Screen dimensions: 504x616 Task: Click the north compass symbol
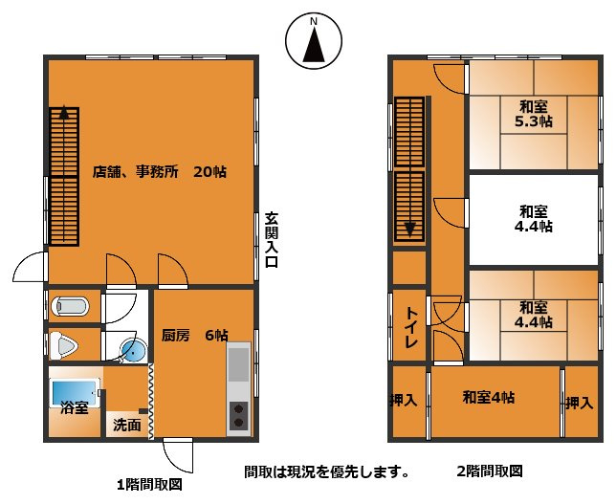click(315, 41)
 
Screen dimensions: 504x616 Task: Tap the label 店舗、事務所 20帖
click(160, 173)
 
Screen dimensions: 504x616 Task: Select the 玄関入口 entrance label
click(272, 241)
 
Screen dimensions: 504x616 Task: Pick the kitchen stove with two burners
click(238, 415)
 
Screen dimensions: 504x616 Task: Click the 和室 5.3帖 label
click(533, 114)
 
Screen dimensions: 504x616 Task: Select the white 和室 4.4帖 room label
click(533, 219)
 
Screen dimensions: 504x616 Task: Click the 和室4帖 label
click(488, 397)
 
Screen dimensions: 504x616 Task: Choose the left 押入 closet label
click(404, 402)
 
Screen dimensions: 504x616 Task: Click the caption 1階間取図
click(149, 483)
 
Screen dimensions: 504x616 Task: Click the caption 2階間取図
click(490, 471)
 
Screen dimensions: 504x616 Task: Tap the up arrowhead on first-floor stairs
click(64, 111)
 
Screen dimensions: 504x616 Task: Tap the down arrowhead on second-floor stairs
click(409, 229)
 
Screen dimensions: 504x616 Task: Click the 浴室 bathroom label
click(75, 408)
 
